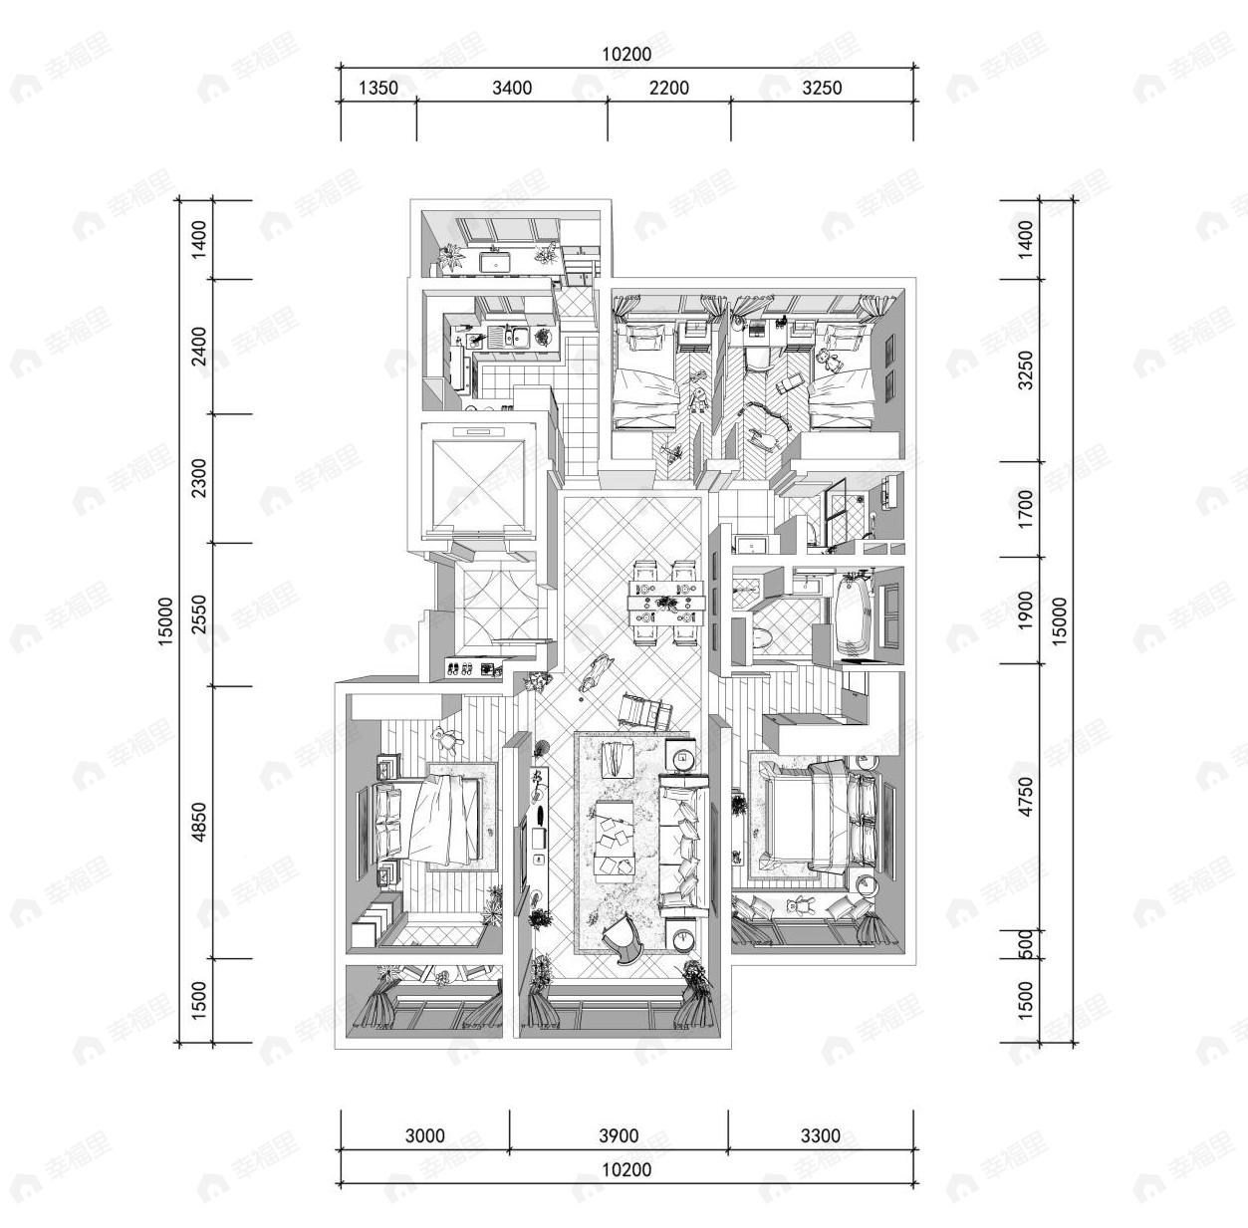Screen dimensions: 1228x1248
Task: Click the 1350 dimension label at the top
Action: (x=377, y=88)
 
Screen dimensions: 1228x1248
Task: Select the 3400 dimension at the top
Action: (x=512, y=88)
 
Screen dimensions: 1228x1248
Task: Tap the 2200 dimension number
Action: (x=668, y=88)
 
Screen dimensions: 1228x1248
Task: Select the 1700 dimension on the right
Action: (x=1027, y=508)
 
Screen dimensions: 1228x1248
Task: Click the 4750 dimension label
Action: (x=1027, y=796)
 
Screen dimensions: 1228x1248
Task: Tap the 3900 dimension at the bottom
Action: (x=619, y=1136)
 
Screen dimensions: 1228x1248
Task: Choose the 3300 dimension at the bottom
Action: (x=820, y=1136)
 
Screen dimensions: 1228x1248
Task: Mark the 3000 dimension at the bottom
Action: (x=425, y=1136)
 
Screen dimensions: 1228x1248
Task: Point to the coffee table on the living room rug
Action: (x=614, y=838)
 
